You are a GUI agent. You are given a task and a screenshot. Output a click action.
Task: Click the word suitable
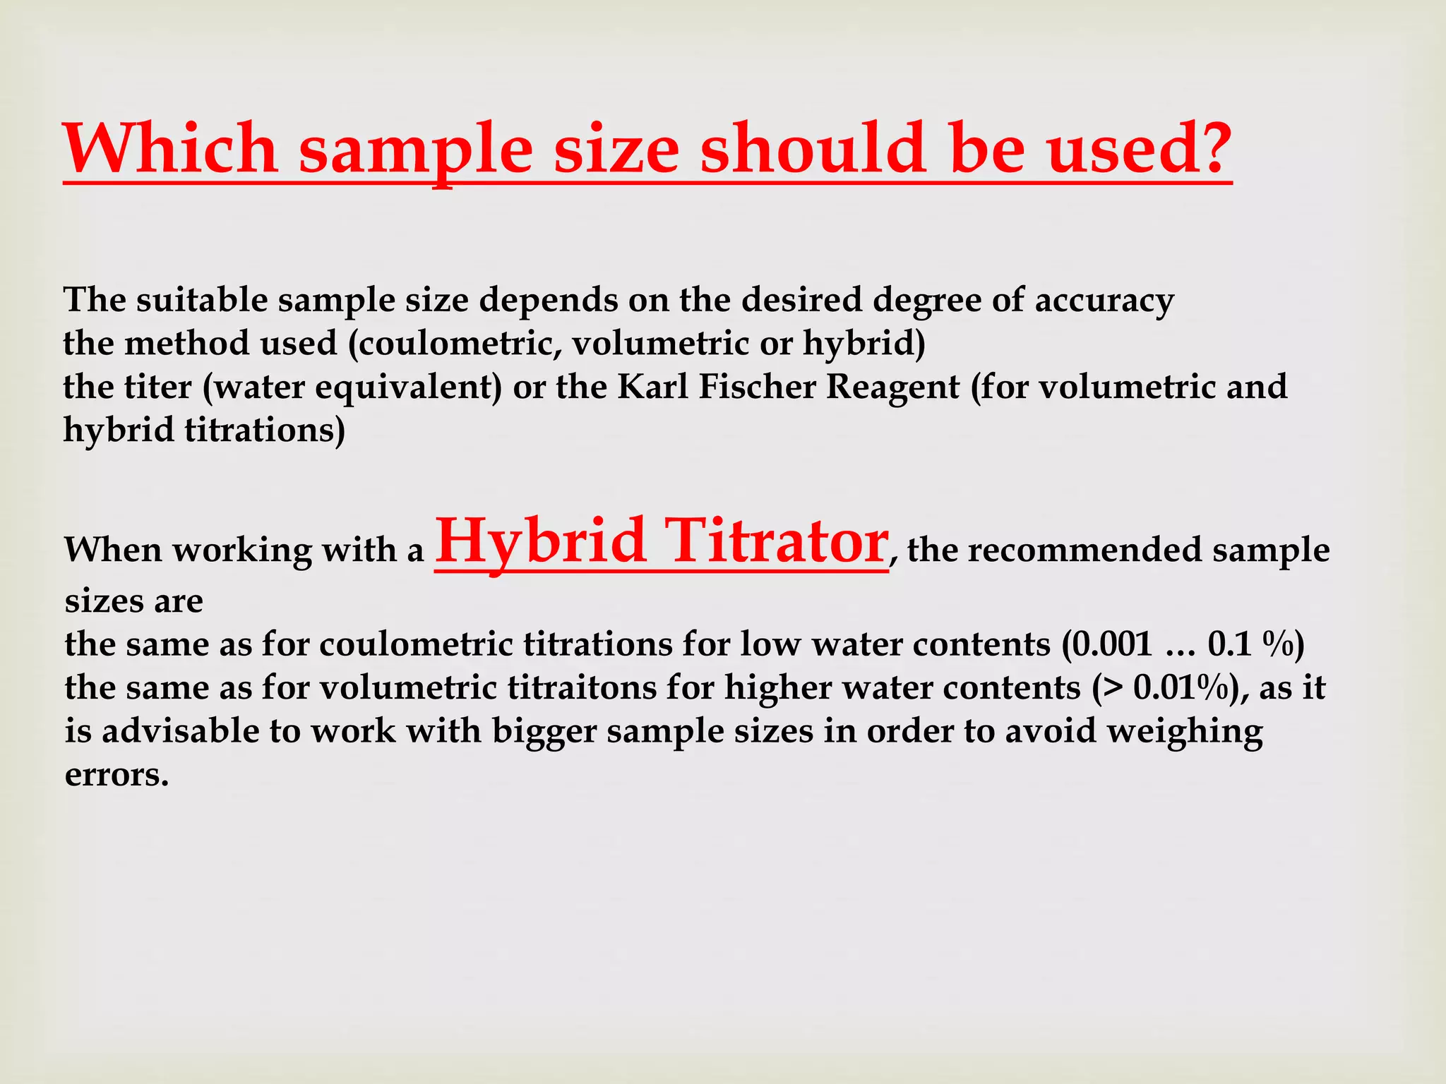click(x=202, y=300)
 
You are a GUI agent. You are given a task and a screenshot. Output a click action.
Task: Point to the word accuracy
click(x=1104, y=301)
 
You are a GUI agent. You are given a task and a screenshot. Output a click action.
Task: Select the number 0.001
click(x=1112, y=644)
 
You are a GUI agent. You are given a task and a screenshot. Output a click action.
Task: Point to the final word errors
click(x=116, y=775)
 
